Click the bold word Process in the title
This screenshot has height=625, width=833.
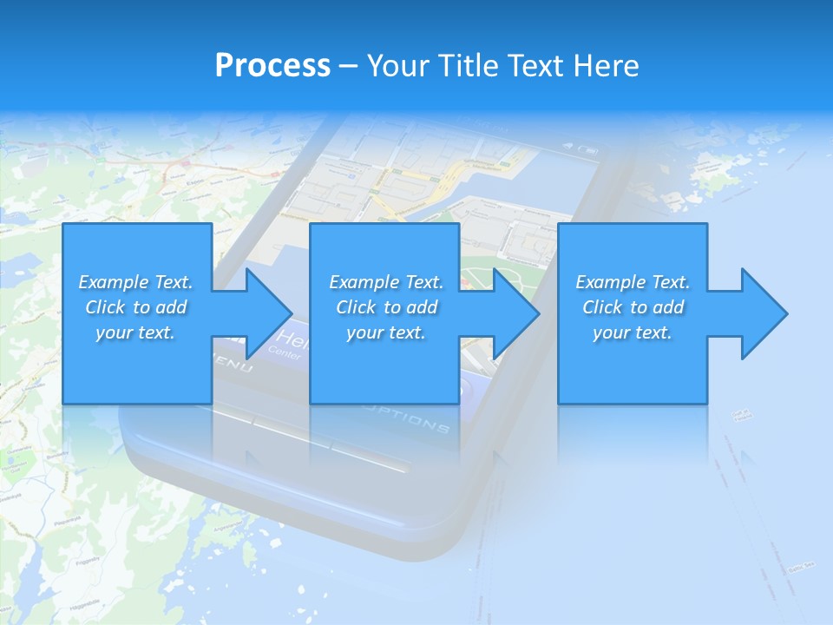pyautogui.click(x=272, y=66)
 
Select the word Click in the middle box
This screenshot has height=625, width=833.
pyautogui.click(x=357, y=307)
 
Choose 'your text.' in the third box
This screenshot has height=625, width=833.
pyautogui.click(x=632, y=332)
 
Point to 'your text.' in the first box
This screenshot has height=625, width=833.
pyautogui.click(x=135, y=332)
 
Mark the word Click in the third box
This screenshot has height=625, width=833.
pyautogui.click(x=603, y=307)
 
